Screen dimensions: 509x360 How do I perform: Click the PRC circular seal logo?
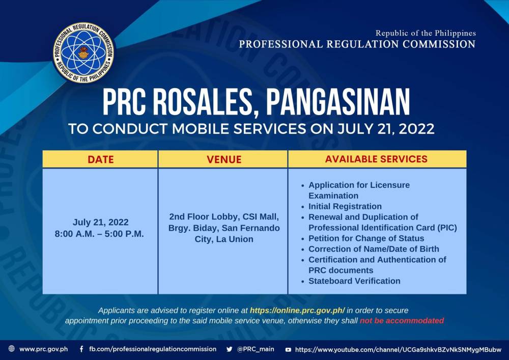[x=83, y=52]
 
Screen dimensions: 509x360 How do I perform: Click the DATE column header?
[x=101, y=159]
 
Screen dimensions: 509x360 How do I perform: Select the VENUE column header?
[x=224, y=159]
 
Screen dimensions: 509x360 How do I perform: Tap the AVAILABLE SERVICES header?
[x=376, y=159]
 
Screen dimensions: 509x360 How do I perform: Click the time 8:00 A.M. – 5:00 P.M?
[x=99, y=234]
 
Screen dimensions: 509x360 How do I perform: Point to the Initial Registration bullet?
[x=345, y=206]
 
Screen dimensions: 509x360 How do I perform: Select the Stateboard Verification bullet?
[x=354, y=281]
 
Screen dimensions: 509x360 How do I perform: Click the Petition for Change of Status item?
[x=366, y=239]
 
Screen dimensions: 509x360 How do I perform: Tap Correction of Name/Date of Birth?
[x=374, y=249]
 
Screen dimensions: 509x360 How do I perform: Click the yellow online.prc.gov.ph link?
[x=297, y=310]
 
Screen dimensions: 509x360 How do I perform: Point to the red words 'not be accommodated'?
[x=402, y=321]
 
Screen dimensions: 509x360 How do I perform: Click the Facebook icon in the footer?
[x=81, y=349]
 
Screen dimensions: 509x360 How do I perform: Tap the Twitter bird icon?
[x=230, y=349]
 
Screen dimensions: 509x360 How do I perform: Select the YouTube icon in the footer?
[x=288, y=350]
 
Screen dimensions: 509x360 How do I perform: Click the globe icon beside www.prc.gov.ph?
[x=12, y=349]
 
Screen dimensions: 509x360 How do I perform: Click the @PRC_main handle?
[x=256, y=349]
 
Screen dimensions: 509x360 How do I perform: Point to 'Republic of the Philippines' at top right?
[x=426, y=33]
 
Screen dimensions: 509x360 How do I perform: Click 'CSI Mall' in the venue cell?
[x=261, y=217]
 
